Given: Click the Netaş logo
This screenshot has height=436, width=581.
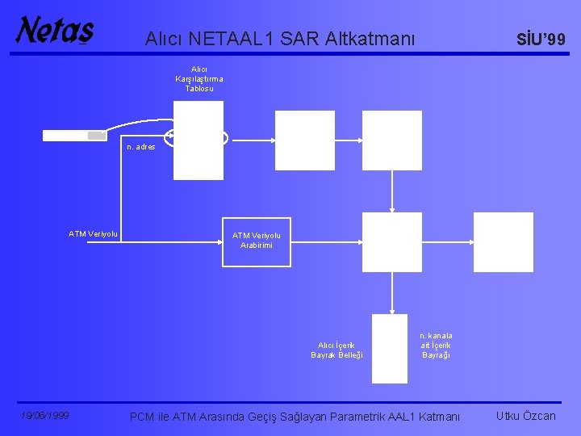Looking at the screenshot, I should tap(55, 31).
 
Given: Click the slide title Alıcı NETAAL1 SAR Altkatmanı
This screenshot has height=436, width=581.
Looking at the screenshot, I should tap(280, 37).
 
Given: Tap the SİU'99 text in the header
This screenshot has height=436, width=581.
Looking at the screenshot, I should tap(541, 39).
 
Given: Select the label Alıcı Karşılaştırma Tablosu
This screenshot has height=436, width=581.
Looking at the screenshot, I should tap(199, 79).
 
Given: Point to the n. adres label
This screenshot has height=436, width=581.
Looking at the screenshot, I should tap(140, 147).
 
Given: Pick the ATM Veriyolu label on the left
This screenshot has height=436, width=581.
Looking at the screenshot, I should tap(93, 234).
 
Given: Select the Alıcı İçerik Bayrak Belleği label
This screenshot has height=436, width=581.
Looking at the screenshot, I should tap(336, 350).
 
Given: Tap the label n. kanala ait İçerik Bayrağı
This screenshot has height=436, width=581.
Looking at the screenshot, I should tap(436, 345).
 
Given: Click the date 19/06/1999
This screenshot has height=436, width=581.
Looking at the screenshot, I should tap(45, 416).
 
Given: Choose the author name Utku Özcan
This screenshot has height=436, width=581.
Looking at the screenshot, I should tap(526, 416).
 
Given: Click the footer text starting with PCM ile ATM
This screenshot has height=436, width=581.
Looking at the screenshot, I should tap(295, 417).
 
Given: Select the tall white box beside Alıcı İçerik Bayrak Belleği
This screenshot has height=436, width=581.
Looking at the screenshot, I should tap(390, 348).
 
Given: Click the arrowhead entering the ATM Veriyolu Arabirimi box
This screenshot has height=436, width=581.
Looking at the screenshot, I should tap(219, 242).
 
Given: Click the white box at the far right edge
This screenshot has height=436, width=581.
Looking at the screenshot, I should tap(503, 241).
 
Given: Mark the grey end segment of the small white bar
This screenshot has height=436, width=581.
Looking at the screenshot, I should tap(97, 136).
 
